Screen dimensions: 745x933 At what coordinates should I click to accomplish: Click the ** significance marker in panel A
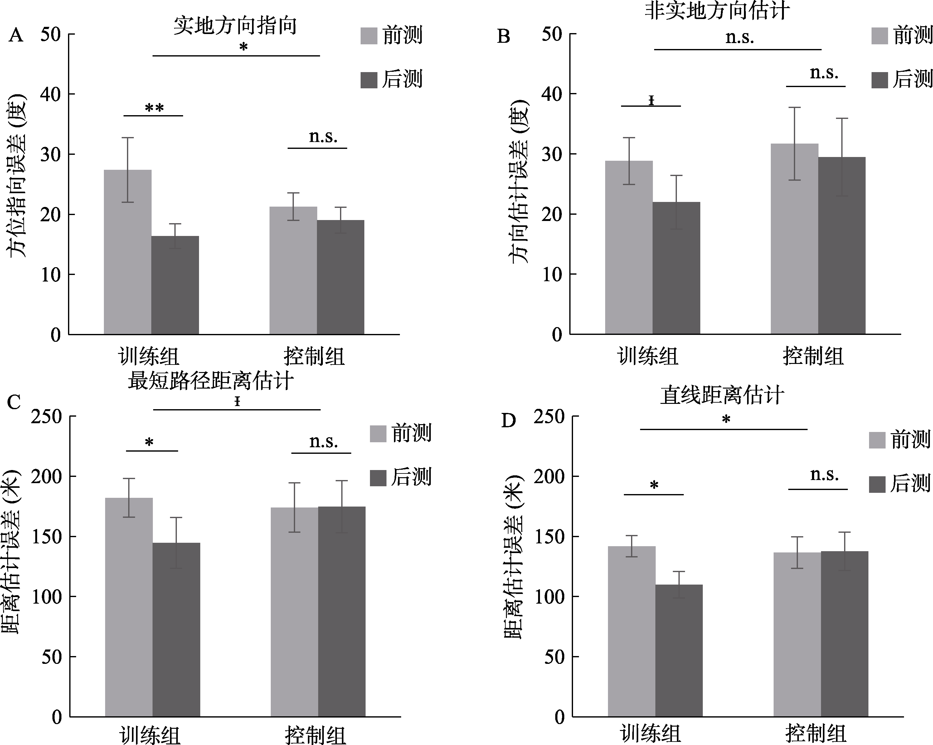click(x=154, y=108)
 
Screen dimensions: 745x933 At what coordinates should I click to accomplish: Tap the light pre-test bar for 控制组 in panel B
click(x=794, y=238)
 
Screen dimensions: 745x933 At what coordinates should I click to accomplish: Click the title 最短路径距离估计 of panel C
click(x=211, y=381)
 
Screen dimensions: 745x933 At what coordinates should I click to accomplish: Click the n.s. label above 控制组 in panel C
click(x=323, y=442)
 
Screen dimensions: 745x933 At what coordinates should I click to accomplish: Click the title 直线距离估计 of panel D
click(x=722, y=395)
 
